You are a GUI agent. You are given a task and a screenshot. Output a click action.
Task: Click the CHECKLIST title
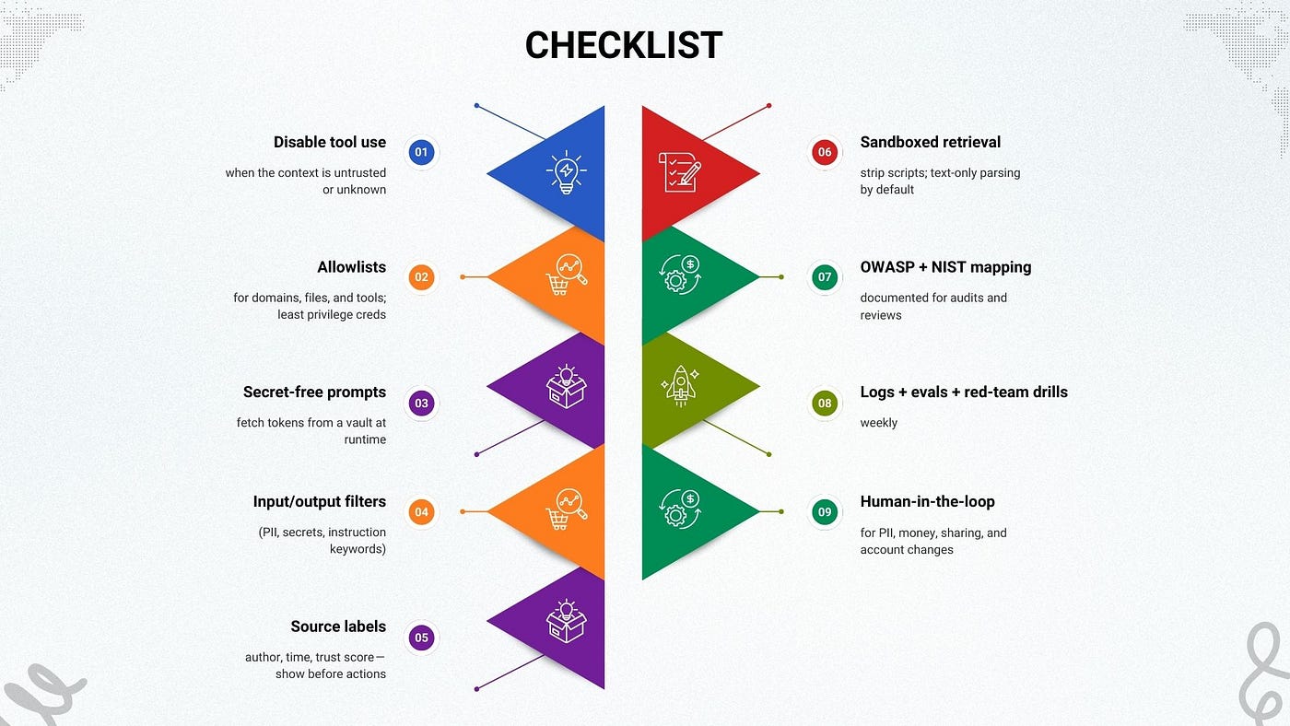tap(624, 45)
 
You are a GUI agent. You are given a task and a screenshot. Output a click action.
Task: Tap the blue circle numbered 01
tap(421, 152)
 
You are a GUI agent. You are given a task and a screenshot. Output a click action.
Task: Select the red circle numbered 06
tap(824, 152)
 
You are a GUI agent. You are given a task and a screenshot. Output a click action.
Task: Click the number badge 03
tap(421, 403)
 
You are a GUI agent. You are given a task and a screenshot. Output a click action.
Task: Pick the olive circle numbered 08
tap(824, 403)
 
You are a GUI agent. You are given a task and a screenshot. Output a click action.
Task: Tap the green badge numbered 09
tap(824, 512)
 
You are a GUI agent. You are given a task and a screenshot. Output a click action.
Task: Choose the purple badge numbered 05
tap(421, 638)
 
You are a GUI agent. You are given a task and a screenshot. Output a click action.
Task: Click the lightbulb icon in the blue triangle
tap(566, 172)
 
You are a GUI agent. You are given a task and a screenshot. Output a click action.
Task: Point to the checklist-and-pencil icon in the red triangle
tap(679, 172)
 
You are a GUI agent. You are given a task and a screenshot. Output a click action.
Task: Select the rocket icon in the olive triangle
tap(679, 386)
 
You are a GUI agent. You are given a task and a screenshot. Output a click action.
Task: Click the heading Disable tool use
tap(329, 142)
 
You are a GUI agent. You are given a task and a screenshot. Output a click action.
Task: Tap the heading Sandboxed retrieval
tap(930, 142)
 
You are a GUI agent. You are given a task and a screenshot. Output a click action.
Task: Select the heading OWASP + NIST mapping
tap(945, 267)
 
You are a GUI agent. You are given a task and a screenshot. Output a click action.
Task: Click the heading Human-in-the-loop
tap(927, 502)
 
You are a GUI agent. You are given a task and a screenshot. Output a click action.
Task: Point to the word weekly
tap(878, 423)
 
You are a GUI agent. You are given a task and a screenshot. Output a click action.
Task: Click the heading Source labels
tap(338, 626)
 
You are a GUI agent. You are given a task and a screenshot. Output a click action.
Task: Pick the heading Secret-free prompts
tap(314, 392)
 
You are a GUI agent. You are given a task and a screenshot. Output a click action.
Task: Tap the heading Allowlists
tap(351, 267)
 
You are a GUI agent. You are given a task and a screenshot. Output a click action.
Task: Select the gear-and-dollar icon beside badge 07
tap(679, 275)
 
